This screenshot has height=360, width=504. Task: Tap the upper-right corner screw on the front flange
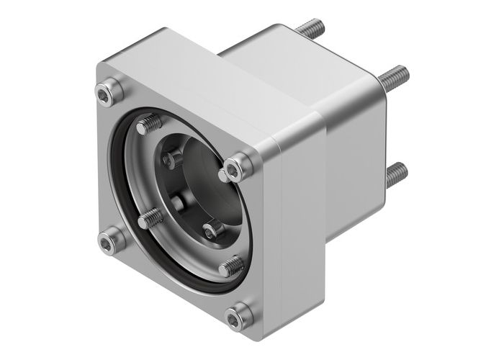[236, 168]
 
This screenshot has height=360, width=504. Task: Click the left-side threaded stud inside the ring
[149, 217]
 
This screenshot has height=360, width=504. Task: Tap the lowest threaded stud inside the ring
[230, 267]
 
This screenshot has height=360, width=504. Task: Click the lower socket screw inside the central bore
[211, 230]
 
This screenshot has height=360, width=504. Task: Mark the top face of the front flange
[202, 86]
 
